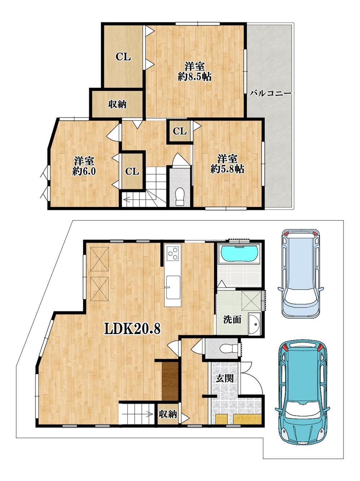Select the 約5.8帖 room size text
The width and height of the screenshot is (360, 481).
pos(227,169)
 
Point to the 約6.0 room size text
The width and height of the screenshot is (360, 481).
pos(84,171)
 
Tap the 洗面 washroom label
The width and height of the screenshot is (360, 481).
pos(232,320)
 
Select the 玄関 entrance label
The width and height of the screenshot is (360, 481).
pos(225,379)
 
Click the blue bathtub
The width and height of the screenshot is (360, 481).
pos(240,253)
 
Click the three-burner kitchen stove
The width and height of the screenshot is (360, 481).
pos(173,253)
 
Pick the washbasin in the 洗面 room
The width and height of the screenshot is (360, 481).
pos(255,324)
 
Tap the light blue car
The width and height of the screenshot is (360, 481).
pos(301,273)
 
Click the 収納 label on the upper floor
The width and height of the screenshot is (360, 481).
pos(117,104)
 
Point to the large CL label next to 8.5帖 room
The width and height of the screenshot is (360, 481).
pos(123,57)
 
